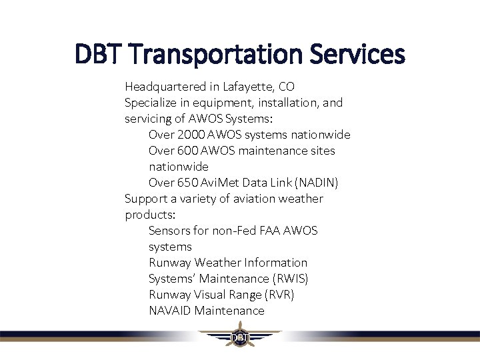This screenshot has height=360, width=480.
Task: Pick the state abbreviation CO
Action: [286, 87]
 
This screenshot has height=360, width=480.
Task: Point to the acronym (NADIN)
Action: [316, 183]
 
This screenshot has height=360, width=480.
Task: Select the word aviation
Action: [242, 199]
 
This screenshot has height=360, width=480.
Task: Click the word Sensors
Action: [169, 231]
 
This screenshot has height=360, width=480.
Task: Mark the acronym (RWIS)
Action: [291, 279]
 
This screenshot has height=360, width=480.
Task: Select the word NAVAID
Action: [170, 311]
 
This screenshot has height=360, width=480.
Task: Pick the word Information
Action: [276, 263]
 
